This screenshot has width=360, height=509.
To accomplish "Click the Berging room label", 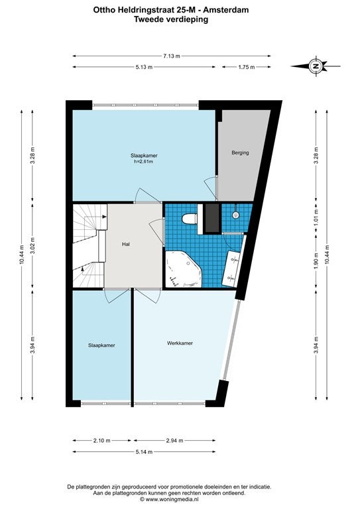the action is pyautogui.click(x=240, y=152).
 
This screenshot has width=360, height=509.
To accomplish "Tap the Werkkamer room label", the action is pyautogui.click(x=180, y=343).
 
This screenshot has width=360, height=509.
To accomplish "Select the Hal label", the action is pyautogui.click(x=126, y=244).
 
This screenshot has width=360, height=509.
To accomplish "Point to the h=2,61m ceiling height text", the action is pyautogui.click(x=143, y=161).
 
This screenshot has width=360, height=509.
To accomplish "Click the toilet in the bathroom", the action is pyautogui.click(x=190, y=219).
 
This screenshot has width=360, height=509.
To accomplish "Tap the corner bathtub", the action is pyautogui.click(x=184, y=269).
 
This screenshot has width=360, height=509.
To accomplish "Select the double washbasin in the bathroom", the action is pyautogui.click(x=233, y=268).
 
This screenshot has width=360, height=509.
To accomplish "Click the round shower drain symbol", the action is pyautogui.click(x=235, y=215).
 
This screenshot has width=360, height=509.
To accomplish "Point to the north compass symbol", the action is pyautogui.click(x=315, y=66).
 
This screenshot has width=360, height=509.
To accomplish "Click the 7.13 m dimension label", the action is pyautogui.click(x=172, y=56).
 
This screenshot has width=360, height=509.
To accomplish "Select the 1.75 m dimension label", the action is pyautogui.click(x=247, y=67).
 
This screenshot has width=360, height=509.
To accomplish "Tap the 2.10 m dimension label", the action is pyautogui.click(x=102, y=441).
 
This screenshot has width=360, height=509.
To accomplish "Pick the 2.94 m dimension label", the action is pyautogui.click(x=174, y=441).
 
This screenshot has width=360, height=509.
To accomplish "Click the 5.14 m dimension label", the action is pyautogui.click(x=144, y=451).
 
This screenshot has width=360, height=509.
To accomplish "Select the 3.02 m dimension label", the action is pyautogui.click(x=32, y=246).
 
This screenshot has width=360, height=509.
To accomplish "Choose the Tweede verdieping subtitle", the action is pyautogui.click(x=171, y=19).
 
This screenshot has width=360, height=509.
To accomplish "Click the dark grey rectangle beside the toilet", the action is pyautogui.click(x=212, y=218).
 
